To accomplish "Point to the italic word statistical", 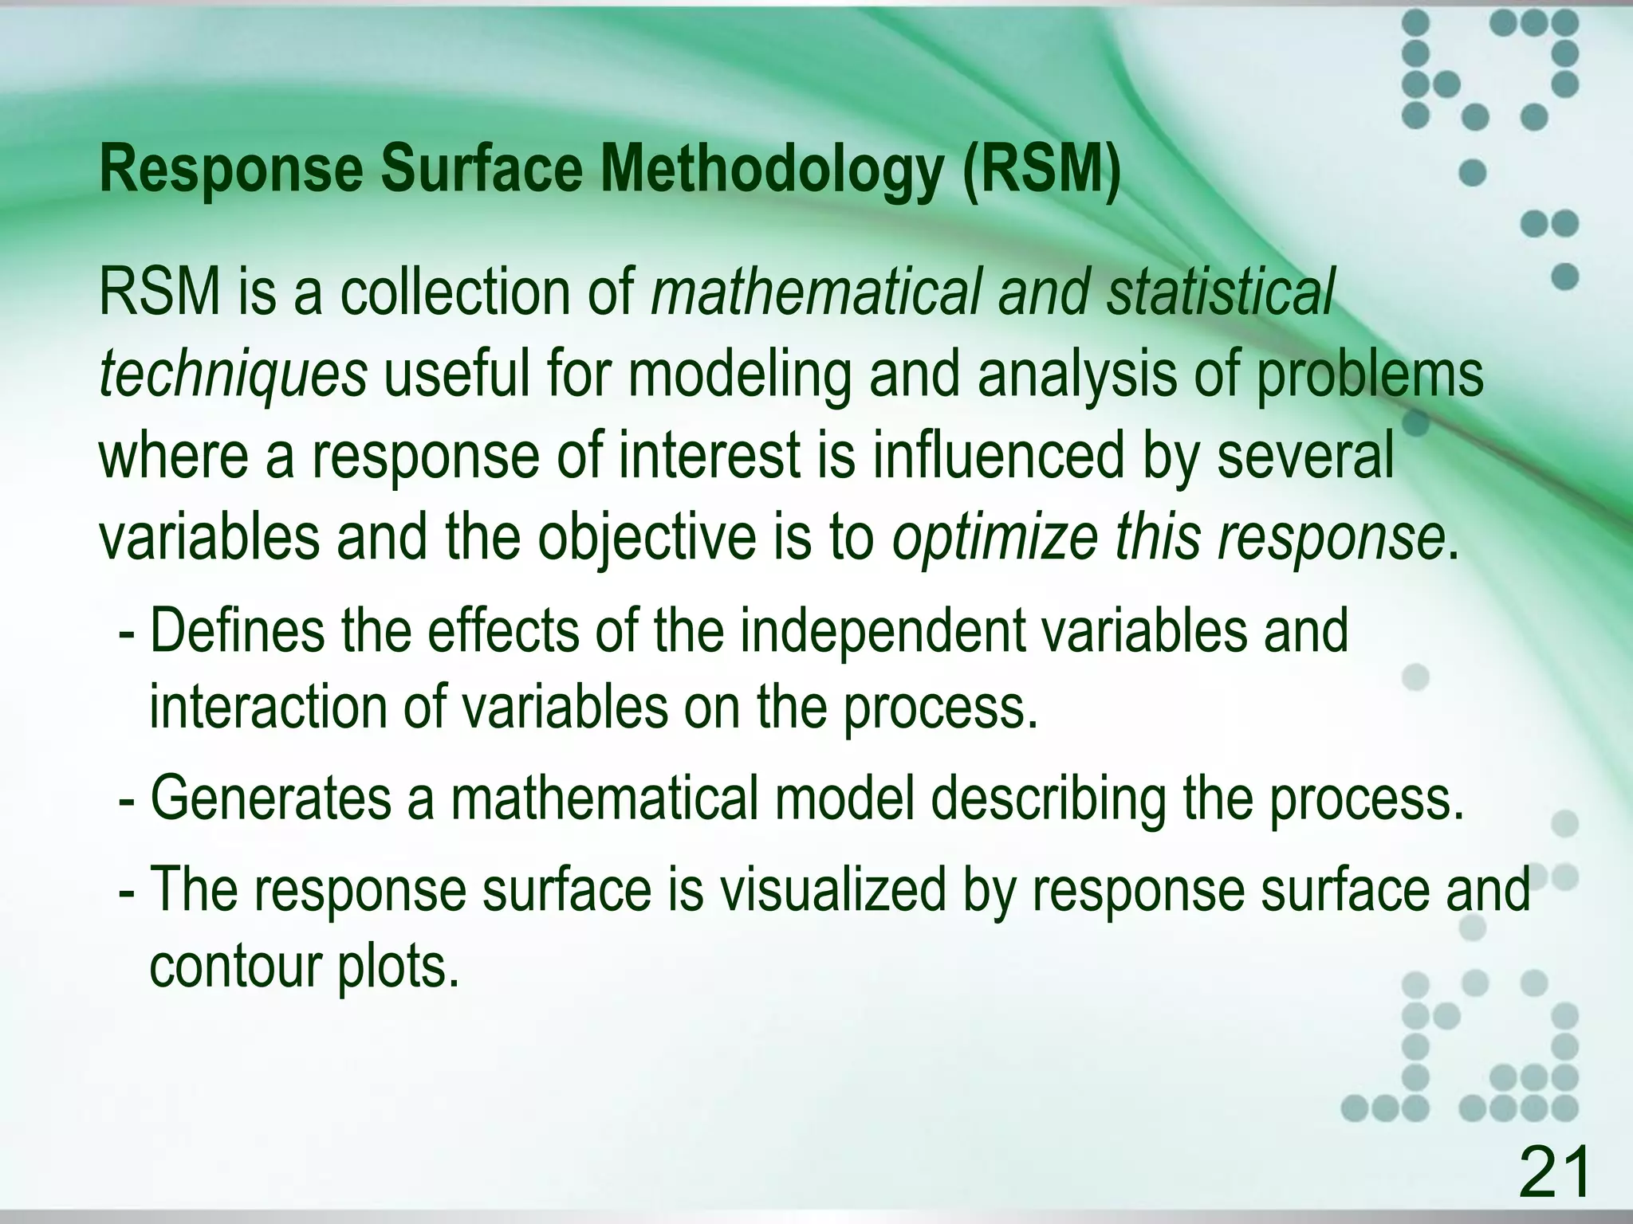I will pos(1219,292).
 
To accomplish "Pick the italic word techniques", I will pos(232,375).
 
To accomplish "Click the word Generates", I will pos(271,798).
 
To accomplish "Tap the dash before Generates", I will pos(126,800).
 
